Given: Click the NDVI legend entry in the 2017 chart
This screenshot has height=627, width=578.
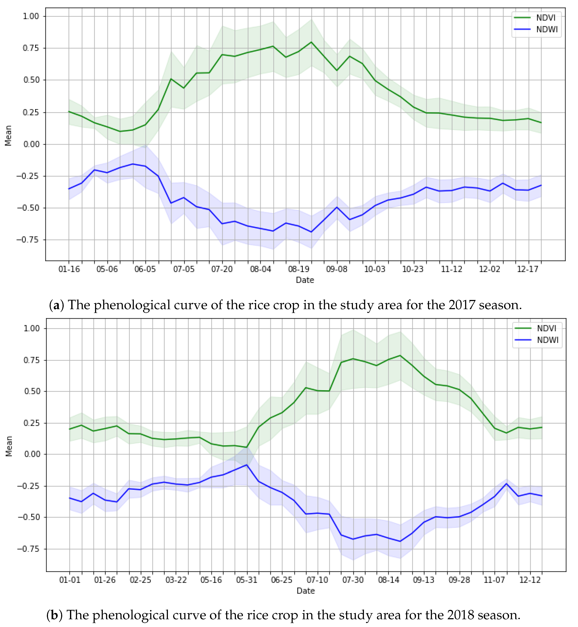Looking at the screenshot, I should [x=546, y=18].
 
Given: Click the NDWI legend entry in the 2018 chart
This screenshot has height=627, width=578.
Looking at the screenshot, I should [x=547, y=340].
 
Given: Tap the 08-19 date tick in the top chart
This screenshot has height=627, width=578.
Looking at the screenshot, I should [x=298, y=269].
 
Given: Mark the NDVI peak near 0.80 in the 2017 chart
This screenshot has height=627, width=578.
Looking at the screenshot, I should [x=311, y=42].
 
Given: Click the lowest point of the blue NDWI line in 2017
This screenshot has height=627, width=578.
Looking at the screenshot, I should [x=311, y=232].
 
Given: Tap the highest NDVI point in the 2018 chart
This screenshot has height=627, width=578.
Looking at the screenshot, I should [x=400, y=355].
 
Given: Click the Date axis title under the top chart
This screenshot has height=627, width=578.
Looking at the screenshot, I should [x=305, y=280].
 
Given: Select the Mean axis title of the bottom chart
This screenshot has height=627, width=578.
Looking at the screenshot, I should [x=9, y=446].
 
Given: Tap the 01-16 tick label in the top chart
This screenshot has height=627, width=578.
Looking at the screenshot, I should [x=69, y=269].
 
